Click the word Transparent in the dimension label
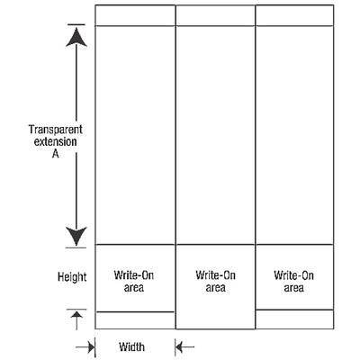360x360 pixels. coord(56,130)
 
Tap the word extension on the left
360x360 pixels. coord(55,141)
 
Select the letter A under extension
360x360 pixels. coord(56,154)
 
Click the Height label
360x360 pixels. coord(72,277)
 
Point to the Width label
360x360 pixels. coord(131,346)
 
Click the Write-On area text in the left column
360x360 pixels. coord(134,282)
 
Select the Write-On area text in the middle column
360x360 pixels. coord(215,281)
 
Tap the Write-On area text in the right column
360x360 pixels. coord(293,282)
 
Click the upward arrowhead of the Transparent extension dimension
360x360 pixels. coord(76,37)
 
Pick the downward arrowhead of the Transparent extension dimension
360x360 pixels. coord(76,237)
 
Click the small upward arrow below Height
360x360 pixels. coord(76,320)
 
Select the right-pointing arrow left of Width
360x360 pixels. coord(85,347)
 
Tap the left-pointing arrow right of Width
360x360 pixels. coord(184,347)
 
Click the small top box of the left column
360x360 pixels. coord(135,15)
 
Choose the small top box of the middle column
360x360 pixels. coord(215,15)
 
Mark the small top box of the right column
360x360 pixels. coord(294,15)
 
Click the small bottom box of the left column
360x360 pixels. coord(135,320)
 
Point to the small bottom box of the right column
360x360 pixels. coord(294,319)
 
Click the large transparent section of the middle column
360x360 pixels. coord(215,135)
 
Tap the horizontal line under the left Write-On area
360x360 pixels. coord(135,312)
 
